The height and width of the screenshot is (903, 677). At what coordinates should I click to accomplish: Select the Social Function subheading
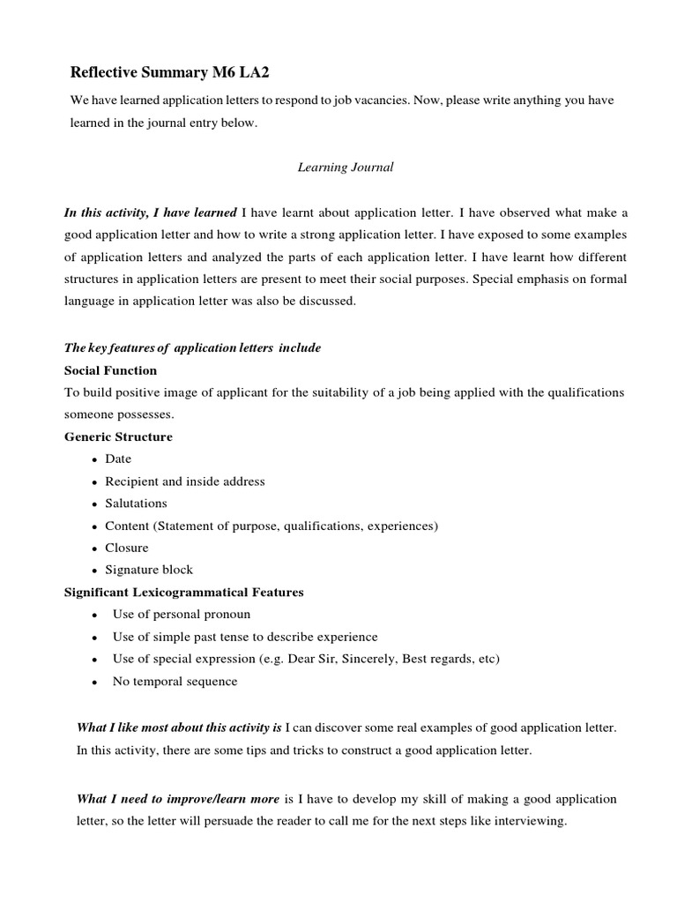(110, 370)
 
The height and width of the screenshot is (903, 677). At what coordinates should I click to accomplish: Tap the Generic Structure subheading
(118, 437)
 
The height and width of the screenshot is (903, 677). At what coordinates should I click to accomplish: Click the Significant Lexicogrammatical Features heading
(183, 592)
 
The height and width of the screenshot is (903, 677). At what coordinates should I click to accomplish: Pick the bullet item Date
(118, 459)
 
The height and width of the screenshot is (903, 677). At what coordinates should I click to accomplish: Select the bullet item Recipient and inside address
(184, 481)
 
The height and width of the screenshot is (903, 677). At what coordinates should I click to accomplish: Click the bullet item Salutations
(136, 504)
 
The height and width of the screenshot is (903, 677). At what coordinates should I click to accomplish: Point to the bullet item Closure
(127, 548)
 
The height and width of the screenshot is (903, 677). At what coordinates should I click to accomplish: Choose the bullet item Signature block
(148, 570)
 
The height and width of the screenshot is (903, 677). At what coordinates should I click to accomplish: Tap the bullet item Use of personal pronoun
(182, 615)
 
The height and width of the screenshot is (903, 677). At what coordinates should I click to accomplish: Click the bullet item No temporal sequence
(175, 681)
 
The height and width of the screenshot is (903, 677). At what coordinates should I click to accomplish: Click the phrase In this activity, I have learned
(150, 213)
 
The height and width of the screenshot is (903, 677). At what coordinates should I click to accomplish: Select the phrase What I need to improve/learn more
(179, 799)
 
